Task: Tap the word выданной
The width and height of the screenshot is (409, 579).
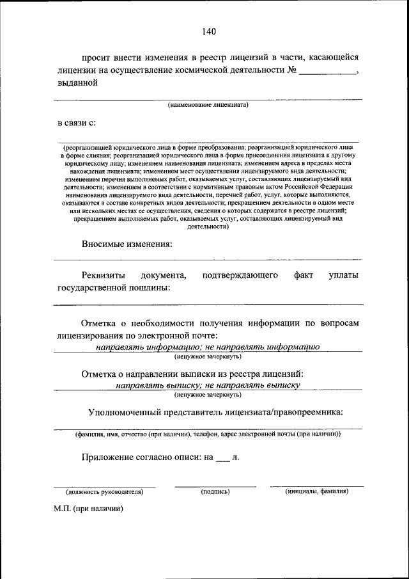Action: tap(77, 82)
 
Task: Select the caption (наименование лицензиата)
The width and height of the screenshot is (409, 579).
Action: tap(208, 104)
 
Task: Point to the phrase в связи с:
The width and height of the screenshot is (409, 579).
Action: tap(76, 122)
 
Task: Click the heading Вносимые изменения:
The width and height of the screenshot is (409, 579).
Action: tap(127, 244)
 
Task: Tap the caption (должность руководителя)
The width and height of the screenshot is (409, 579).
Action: tap(104, 491)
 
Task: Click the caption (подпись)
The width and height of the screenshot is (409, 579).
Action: tap(215, 491)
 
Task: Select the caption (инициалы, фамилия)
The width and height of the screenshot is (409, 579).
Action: tap(316, 491)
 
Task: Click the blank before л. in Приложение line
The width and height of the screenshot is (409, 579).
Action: tap(222, 458)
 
